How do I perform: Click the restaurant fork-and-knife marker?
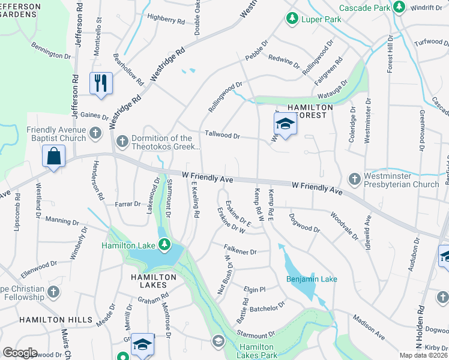click(101, 82)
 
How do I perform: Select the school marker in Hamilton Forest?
click(286, 125)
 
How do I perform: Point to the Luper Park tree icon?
click(291, 19)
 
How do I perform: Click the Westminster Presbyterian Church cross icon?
click(354, 180)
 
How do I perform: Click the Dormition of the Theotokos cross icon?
click(122, 142)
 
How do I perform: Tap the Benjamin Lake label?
click(312, 279)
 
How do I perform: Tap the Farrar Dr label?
click(128, 205)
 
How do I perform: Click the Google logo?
click(20, 353)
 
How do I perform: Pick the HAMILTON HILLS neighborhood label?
click(46, 320)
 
